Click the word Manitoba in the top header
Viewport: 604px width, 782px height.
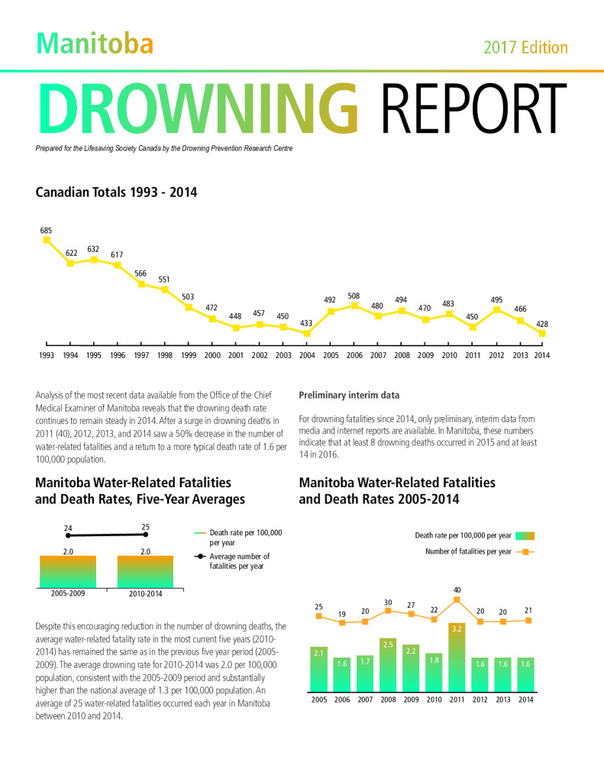95,44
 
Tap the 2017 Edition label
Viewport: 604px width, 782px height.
525,47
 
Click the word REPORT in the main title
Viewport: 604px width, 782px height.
474,109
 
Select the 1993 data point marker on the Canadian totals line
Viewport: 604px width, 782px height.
47,240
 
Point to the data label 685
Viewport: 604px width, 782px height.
46,231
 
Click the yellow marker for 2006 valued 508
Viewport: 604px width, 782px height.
354,305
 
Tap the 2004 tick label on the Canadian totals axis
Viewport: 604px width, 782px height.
307,355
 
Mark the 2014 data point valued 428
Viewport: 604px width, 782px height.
542,333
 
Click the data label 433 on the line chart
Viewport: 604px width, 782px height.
306,323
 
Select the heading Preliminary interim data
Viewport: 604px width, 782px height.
349,395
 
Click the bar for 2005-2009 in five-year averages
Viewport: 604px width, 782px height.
68,572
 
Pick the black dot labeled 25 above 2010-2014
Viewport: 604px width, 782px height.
146,535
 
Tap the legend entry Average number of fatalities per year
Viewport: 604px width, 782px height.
232,561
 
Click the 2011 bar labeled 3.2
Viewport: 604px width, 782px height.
457,658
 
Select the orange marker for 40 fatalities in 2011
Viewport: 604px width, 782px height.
457,599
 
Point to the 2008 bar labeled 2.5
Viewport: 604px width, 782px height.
388,665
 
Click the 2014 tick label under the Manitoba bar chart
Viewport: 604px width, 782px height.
525,700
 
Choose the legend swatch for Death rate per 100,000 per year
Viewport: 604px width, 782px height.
525,536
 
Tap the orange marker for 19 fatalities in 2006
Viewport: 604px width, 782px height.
342,622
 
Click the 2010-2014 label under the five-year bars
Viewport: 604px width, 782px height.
146,593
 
